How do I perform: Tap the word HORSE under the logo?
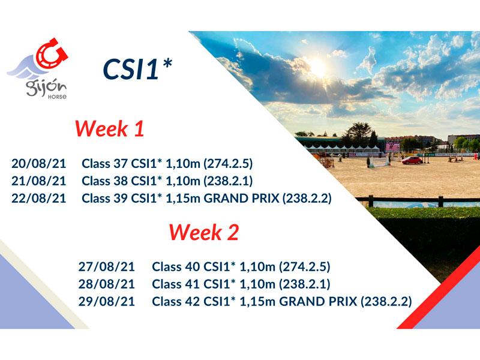(x=57, y=97)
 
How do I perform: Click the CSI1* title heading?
(x=137, y=69)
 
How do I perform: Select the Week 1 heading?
(x=110, y=128)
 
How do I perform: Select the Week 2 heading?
(x=203, y=232)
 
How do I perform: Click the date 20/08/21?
(x=39, y=163)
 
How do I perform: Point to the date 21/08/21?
(x=39, y=181)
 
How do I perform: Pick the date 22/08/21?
(x=39, y=199)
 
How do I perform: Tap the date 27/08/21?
(x=107, y=266)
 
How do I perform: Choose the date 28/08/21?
(x=107, y=284)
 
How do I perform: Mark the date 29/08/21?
(x=107, y=302)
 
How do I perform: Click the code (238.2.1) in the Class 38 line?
(x=228, y=181)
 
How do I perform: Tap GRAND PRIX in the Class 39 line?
(x=242, y=199)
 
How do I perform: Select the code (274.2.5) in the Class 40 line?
(x=305, y=266)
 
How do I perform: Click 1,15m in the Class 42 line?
(x=258, y=302)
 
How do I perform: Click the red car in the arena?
(x=412, y=160)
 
